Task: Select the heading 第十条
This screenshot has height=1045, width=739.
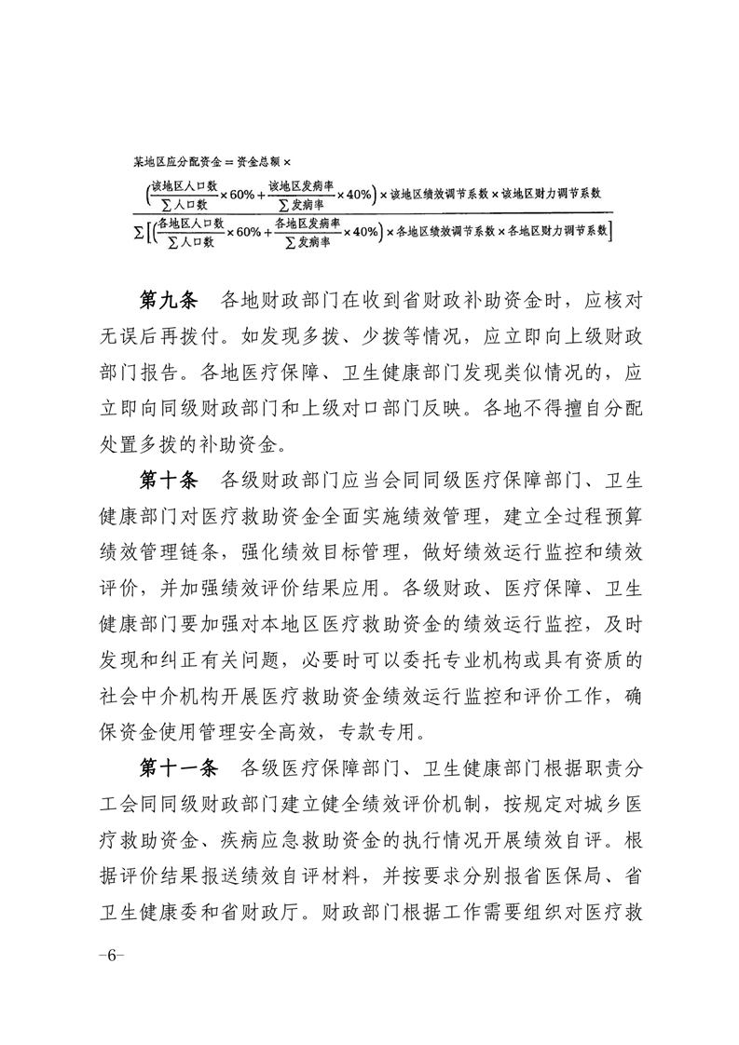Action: (169, 481)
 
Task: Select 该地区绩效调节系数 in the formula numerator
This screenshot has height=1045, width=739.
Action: (438, 195)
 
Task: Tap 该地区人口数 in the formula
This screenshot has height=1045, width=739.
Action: (185, 186)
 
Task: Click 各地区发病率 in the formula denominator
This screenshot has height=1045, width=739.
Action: (308, 223)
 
